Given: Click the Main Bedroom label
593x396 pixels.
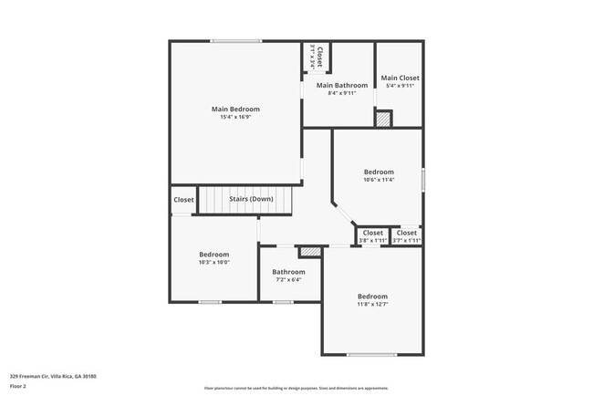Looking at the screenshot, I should click(234, 109).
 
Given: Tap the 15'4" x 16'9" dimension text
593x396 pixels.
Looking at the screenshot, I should click(234, 118).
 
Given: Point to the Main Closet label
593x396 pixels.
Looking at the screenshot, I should click(400, 78).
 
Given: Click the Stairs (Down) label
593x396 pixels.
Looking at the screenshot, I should click(251, 199).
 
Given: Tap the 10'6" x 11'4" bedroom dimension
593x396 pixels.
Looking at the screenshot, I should click(379, 180).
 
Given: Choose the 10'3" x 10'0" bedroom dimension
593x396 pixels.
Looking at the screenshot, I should click(214, 262).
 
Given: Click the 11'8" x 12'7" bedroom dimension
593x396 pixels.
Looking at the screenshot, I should click(372, 305).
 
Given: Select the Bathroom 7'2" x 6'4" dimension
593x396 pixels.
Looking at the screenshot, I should click(288, 279).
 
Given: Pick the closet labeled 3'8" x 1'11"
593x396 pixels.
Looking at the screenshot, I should click(373, 241).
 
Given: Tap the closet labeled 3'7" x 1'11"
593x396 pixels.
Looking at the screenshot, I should click(406, 241).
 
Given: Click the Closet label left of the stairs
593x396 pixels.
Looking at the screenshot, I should click(183, 200).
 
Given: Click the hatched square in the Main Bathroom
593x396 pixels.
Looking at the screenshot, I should click(384, 119).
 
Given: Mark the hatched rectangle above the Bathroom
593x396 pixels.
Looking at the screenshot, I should click(311, 249).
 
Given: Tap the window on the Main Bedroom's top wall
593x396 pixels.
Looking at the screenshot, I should click(236, 41).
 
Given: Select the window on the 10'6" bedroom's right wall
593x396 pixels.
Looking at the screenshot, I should click(423, 179).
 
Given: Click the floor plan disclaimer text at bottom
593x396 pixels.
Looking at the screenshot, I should click(296, 388).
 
